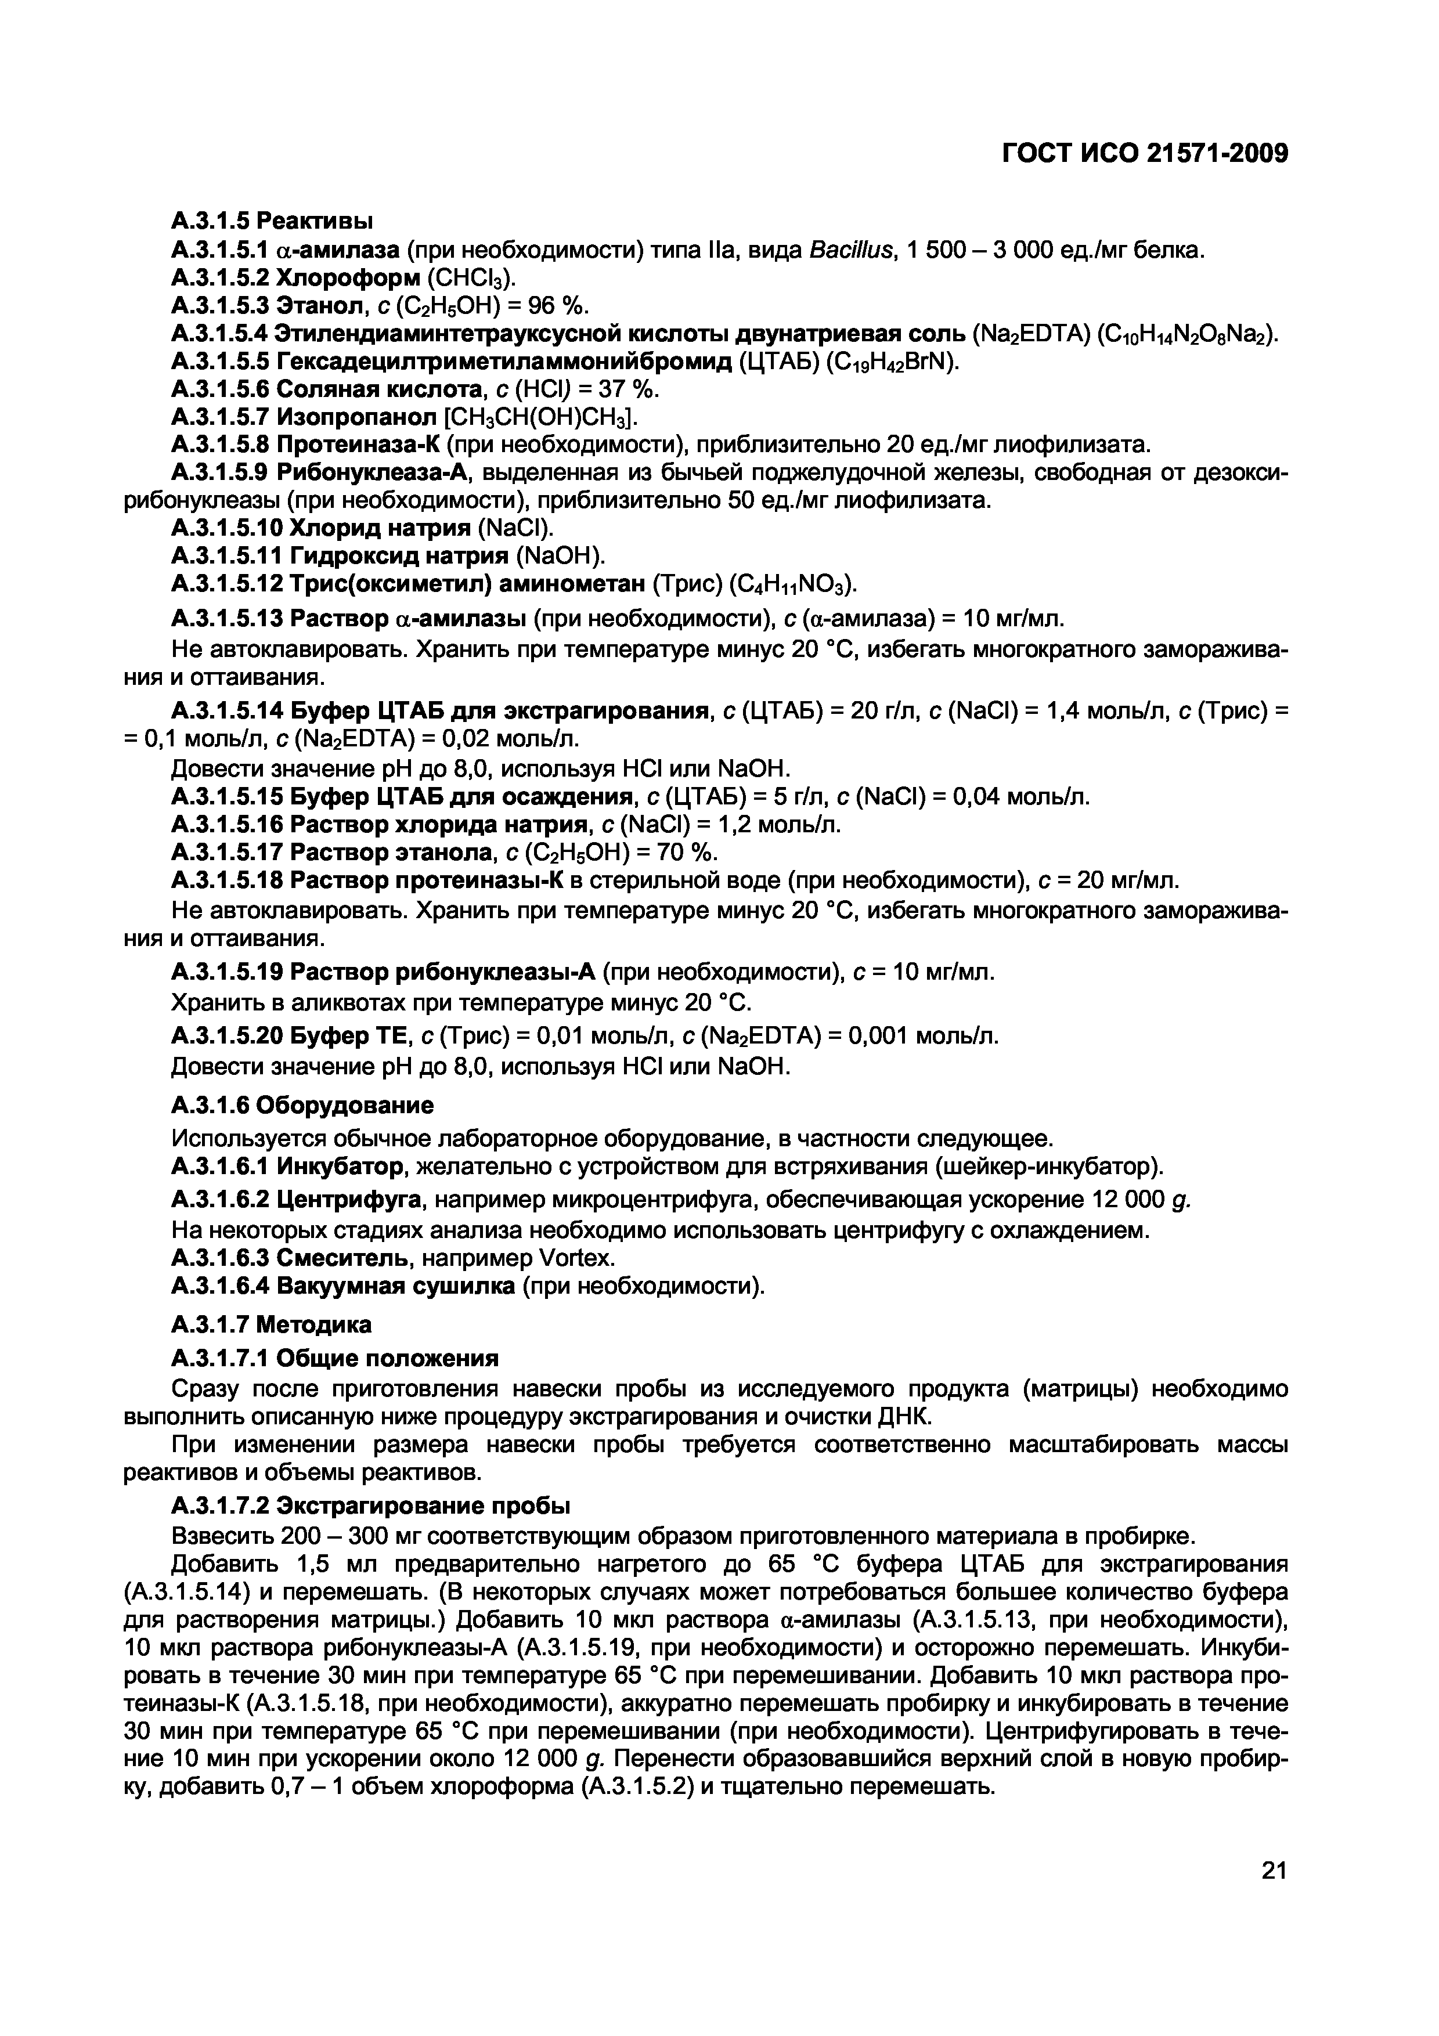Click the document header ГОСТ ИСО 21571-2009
(1144, 155)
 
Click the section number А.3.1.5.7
(220, 417)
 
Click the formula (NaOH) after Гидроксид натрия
(558, 556)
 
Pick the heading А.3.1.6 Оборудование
(302, 1105)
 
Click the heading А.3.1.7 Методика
(271, 1325)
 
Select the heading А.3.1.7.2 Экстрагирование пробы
(370, 1507)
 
